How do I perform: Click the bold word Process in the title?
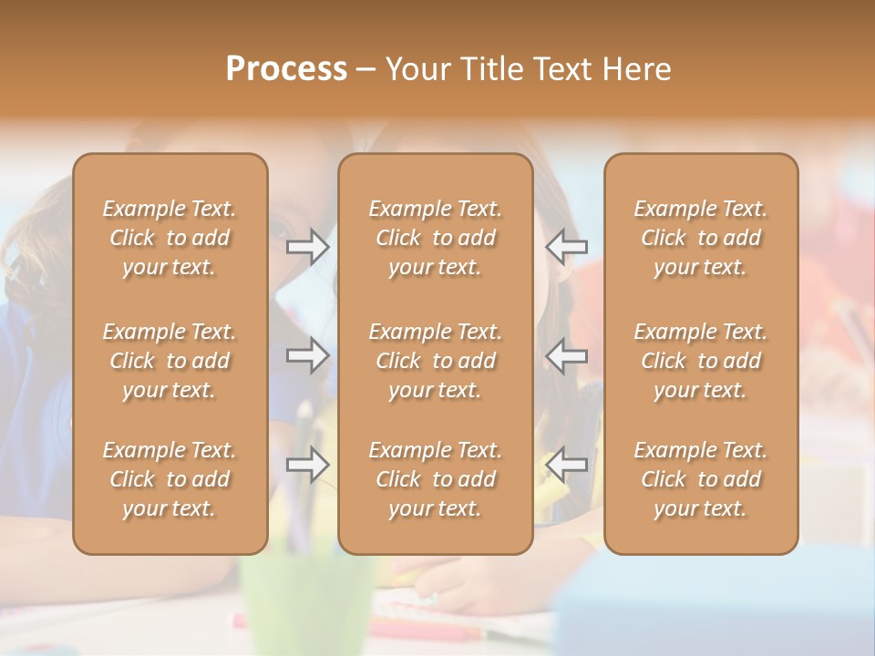coord(286,68)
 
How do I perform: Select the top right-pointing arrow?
coord(308,247)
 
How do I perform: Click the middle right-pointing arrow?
coord(308,355)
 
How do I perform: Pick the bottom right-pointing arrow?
coord(308,465)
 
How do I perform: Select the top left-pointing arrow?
coord(566,247)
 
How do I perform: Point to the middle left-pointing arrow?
coord(566,355)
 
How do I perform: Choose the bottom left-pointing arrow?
coord(566,465)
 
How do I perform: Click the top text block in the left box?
coord(170,238)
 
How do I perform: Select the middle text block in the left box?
coord(170,361)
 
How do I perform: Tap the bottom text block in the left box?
coord(170,479)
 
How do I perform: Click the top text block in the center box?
coord(436,238)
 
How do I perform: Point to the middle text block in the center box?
coord(436,361)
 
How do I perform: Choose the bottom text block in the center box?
coord(436,479)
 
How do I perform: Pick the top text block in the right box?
coord(701,238)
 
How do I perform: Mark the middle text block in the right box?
coord(701,361)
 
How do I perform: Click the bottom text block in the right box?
coord(701,479)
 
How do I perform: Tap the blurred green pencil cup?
coord(306,601)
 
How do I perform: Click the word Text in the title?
coord(563,68)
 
